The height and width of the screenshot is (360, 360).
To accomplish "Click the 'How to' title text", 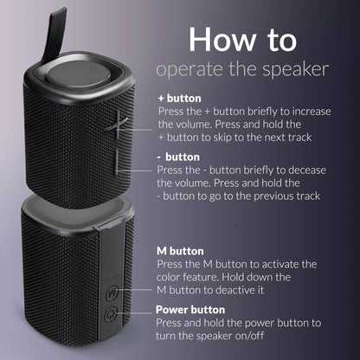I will pos(242,39).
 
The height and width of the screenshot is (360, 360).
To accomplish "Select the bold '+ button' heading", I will pos(181,100).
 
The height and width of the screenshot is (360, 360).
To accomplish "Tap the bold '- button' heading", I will pos(179,157).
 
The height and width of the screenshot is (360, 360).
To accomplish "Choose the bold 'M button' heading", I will pos(181,249).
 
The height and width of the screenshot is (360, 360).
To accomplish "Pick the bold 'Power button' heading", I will pos(190,309).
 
